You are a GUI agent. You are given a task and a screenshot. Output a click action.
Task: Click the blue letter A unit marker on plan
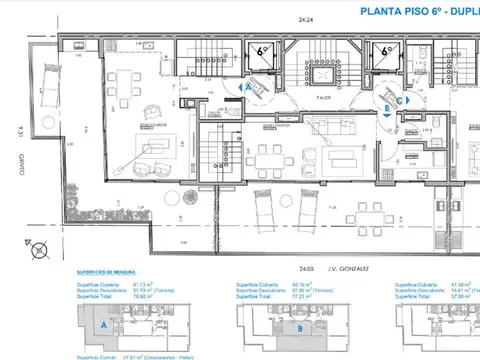pos(248,87)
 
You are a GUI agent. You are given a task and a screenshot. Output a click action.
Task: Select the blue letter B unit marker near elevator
pos(386,110)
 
